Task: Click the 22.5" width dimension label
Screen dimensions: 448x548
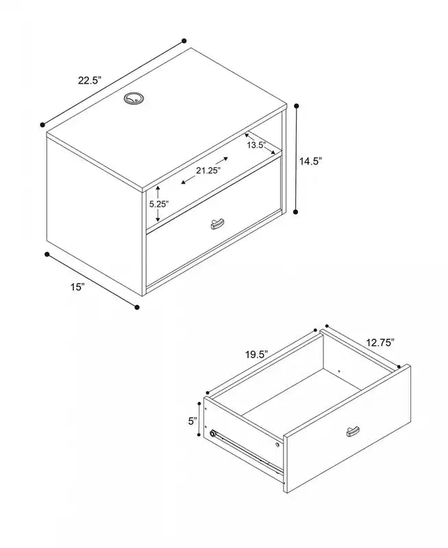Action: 90,80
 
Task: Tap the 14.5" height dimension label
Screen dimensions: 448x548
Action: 310,161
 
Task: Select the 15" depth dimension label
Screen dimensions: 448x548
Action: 77,287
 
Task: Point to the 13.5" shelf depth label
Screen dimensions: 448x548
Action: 257,145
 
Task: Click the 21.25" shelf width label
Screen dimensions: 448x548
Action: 208,171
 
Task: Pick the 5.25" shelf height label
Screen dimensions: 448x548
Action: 160,203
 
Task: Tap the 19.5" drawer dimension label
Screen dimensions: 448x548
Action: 256,354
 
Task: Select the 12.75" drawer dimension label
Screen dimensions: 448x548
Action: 380,342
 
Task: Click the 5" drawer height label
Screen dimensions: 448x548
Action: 192,421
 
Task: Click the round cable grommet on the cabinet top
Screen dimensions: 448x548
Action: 134,99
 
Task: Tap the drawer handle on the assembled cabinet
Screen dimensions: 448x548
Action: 217,224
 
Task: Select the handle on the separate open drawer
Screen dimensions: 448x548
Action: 353,432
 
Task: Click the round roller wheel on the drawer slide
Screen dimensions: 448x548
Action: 212,434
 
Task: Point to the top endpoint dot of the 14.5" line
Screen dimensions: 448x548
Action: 297,105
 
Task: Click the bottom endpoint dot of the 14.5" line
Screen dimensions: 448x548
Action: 296,212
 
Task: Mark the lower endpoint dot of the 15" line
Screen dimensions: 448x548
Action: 137,307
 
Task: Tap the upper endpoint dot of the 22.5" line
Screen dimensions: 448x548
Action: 184,41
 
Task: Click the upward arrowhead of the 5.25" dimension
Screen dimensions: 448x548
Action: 158,188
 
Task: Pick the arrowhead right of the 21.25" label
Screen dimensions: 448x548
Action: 225,159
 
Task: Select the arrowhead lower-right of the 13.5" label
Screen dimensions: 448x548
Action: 273,152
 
